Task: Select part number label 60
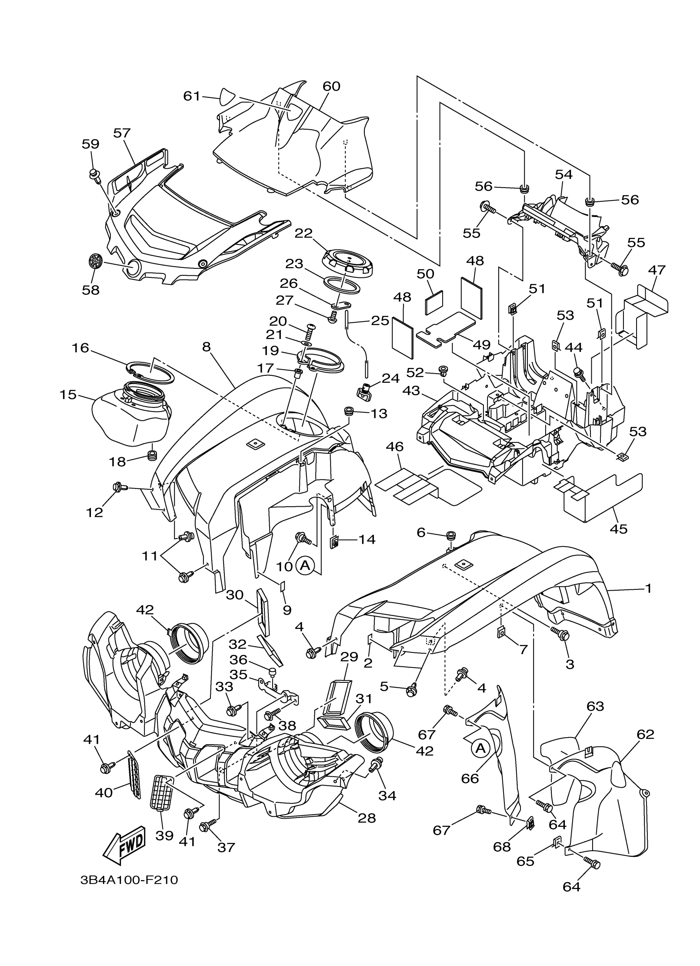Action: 331,86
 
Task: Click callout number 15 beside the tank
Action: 68,395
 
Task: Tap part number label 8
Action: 206,347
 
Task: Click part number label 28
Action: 367,818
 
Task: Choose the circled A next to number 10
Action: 305,565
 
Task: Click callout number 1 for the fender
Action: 648,589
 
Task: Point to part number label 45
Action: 618,529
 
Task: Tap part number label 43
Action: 411,391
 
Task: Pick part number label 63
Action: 595,706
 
